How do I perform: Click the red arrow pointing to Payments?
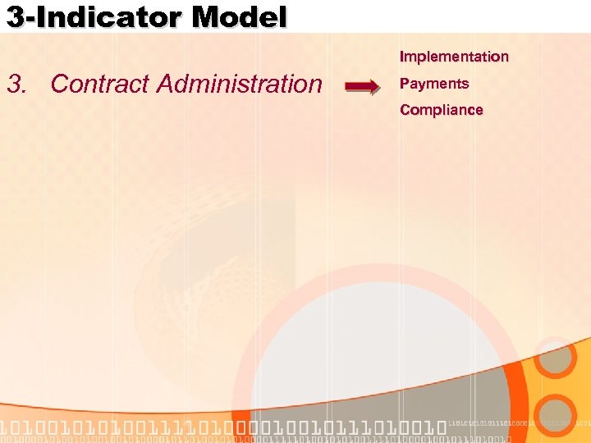pyautogui.click(x=362, y=84)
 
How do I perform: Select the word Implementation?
pyautogui.click(x=454, y=57)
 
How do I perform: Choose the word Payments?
pyautogui.click(x=434, y=84)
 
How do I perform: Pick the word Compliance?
pyautogui.click(x=442, y=110)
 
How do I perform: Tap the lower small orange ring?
pyautogui.click(x=557, y=415)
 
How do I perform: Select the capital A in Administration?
pyautogui.click(x=164, y=84)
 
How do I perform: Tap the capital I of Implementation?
pyautogui.click(x=402, y=57)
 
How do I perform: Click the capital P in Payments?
pyautogui.click(x=404, y=84)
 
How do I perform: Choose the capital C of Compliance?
pyautogui.click(x=405, y=110)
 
